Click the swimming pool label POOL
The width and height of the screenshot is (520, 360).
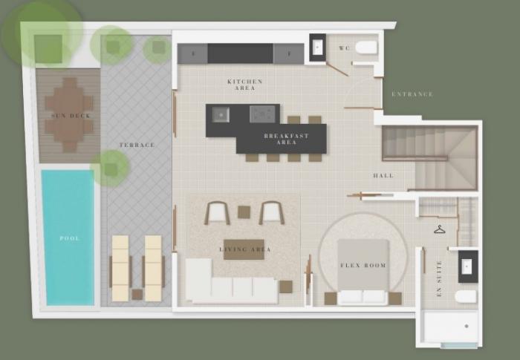(70, 238)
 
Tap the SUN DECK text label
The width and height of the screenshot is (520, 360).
(71, 116)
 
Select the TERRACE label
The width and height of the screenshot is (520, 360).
(137, 145)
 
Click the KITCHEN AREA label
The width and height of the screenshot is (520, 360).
(244, 85)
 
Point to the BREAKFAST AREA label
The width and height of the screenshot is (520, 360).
(287, 139)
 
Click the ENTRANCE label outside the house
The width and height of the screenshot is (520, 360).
(412, 94)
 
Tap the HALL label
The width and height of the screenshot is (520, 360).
(383, 175)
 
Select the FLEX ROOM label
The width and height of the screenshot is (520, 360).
(363, 265)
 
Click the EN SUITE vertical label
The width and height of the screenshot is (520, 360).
(439, 278)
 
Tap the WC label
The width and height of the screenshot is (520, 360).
(344, 48)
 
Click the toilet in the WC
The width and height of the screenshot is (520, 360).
(366, 48)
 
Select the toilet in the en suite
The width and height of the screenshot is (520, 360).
(466, 297)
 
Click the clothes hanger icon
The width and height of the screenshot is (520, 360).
(440, 229)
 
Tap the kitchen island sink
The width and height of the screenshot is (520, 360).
(221, 114)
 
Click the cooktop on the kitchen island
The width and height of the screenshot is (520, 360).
(262, 114)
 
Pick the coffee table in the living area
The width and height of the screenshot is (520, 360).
(244, 249)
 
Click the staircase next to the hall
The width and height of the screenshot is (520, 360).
(430, 158)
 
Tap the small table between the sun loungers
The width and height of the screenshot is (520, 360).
(137, 295)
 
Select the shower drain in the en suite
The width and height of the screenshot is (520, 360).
(467, 326)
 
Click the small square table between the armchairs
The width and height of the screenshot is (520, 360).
(244, 212)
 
